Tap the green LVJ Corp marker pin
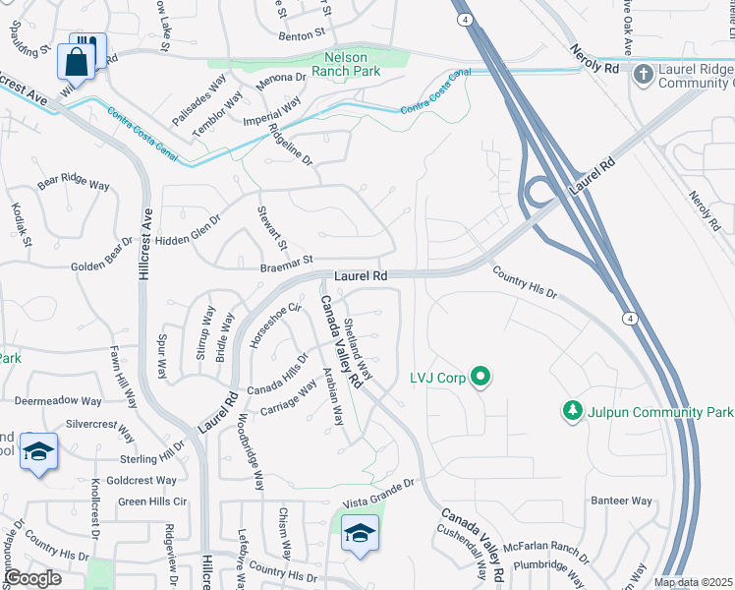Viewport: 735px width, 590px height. [481, 377]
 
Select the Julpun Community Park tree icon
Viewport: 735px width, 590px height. [572, 408]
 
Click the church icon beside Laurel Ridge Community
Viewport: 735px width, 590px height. [643, 75]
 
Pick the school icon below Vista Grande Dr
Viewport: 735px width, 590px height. [360, 534]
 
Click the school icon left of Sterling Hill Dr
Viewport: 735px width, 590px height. [38, 452]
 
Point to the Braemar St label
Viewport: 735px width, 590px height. [285, 262]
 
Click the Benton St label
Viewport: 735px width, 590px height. [302, 34]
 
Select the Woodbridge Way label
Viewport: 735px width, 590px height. [250, 459]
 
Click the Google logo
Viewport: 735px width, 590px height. [31, 578]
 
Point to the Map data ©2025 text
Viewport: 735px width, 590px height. [693, 582]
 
